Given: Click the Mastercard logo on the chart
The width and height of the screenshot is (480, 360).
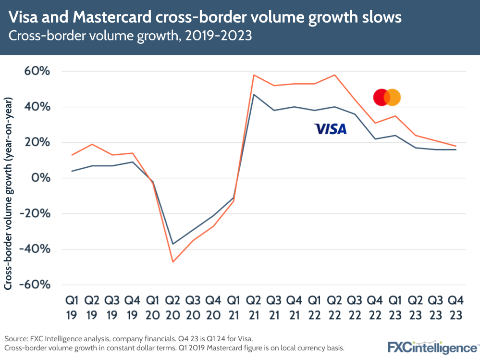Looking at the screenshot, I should pos(387,98).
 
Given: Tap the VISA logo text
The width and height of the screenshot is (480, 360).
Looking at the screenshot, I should pos(330,129).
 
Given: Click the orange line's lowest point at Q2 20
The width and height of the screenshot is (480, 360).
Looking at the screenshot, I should pos(172,262).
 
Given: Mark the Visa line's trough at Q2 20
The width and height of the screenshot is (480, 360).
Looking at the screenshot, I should pos(172,244).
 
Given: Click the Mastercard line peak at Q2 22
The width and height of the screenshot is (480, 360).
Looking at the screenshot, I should pos(334,75).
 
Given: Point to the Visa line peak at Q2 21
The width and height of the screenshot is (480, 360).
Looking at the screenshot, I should pos(253,94).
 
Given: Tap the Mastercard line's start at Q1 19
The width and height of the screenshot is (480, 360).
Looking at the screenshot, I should pos(72,155).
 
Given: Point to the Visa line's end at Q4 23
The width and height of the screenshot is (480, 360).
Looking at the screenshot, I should pos(455,149).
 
